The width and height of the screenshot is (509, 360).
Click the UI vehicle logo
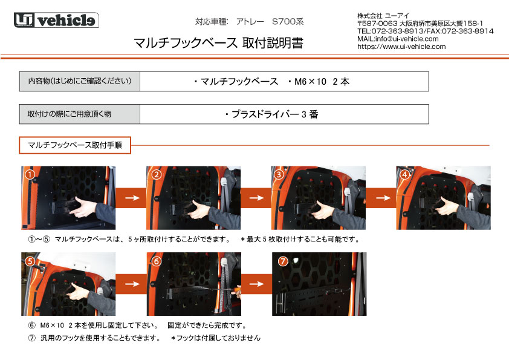pyautogui.click(x=56, y=20)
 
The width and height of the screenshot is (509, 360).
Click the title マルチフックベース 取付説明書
pyautogui.click(x=218, y=43)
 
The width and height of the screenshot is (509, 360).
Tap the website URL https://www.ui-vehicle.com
pyautogui.click(x=401, y=47)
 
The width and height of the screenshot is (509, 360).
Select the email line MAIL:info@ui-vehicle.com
pyautogui.click(x=398, y=39)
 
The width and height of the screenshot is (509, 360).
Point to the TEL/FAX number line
pyautogui.click(x=425, y=31)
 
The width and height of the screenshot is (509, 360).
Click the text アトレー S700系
pyautogui.click(x=270, y=22)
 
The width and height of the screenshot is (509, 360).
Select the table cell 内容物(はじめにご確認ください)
pyautogui.click(x=80, y=81)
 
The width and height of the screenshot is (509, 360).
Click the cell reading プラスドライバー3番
pyautogui.click(x=271, y=114)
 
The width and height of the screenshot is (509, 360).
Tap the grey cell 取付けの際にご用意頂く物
pyautogui.click(x=80, y=114)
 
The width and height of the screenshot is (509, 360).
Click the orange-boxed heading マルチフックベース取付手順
pyautogui.click(x=75, y=145)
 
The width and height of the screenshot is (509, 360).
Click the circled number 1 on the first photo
pyautogui.click(x=30, y=175)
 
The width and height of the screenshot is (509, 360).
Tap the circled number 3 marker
pyautogui.click(x=279, y=175)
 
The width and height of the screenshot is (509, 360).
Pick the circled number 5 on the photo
pyautogui.click(x=30, y=261)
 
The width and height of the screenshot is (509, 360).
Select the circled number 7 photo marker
pyautogui.click(x=283, y=261)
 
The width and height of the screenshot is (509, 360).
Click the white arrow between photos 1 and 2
pyautogui.click(x=132, y=198)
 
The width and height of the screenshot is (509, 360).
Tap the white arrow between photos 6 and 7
pyautogui.click(x=256, y=284)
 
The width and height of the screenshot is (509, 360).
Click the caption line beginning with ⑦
pyautogui.click(x=144, y=338)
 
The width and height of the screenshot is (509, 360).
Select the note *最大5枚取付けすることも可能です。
pyautogui.click(x=300, y=240)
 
